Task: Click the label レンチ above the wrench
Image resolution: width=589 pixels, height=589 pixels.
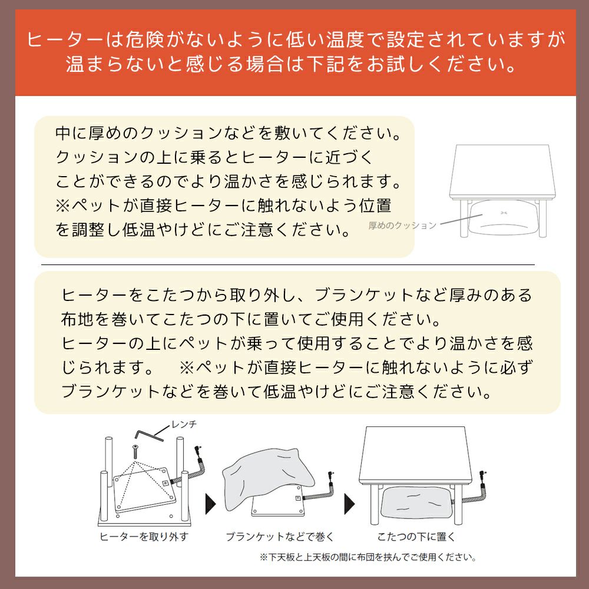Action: coord(184,425)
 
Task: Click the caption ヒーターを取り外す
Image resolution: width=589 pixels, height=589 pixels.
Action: coord(144,537)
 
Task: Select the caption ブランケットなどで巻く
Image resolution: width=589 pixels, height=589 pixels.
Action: coord(280,537)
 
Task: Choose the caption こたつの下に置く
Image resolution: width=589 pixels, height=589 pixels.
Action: coord(416,537)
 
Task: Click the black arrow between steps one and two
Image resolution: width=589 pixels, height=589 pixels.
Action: coord(211,504)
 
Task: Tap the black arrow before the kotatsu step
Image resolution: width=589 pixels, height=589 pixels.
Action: coord(350,504)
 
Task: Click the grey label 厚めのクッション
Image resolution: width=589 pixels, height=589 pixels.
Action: coord(402,226)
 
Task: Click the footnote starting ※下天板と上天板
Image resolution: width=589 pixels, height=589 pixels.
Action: coord(368,557)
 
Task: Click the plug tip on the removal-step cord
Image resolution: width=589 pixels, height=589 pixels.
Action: coord(198,448)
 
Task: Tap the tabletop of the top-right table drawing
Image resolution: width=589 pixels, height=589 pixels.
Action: coord(502,171)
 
